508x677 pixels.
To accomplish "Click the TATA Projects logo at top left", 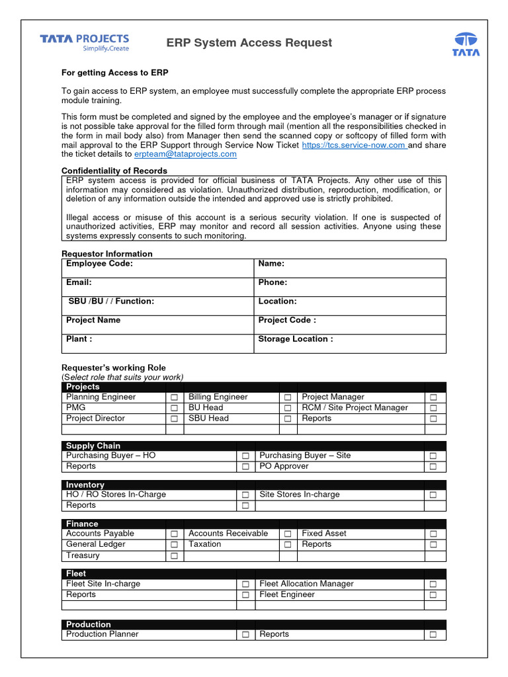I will click(x=84, y=43).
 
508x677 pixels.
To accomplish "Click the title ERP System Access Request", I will click(x=249, y=43).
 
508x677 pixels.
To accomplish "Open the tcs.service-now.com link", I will click(x=354, y=145).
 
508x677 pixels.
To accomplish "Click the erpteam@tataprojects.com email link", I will click(x=185, y=154).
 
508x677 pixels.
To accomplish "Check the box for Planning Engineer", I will click(x=174, y=397).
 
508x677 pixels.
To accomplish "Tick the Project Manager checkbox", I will click(x=434, y=397).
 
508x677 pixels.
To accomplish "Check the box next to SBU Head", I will click(x=288, y=419).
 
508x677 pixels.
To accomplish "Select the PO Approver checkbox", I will click(x=434, y=467).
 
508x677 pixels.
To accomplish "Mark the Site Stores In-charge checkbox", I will click(x=434, y=495).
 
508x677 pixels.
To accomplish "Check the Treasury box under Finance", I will click(x=174, y=556).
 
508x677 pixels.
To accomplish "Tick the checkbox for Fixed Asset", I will click(x=434, y=534).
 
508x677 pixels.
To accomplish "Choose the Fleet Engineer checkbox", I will click(x=434, y=595).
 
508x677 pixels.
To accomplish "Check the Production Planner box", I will click(x=245, y=635).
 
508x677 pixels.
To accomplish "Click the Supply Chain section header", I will click(x=93, y=446).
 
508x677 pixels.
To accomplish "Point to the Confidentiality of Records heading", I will click(x=114, y=171).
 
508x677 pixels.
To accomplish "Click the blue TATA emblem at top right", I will click(x=466, y=43).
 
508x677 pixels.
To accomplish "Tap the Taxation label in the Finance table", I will click(x=204, y=544).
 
